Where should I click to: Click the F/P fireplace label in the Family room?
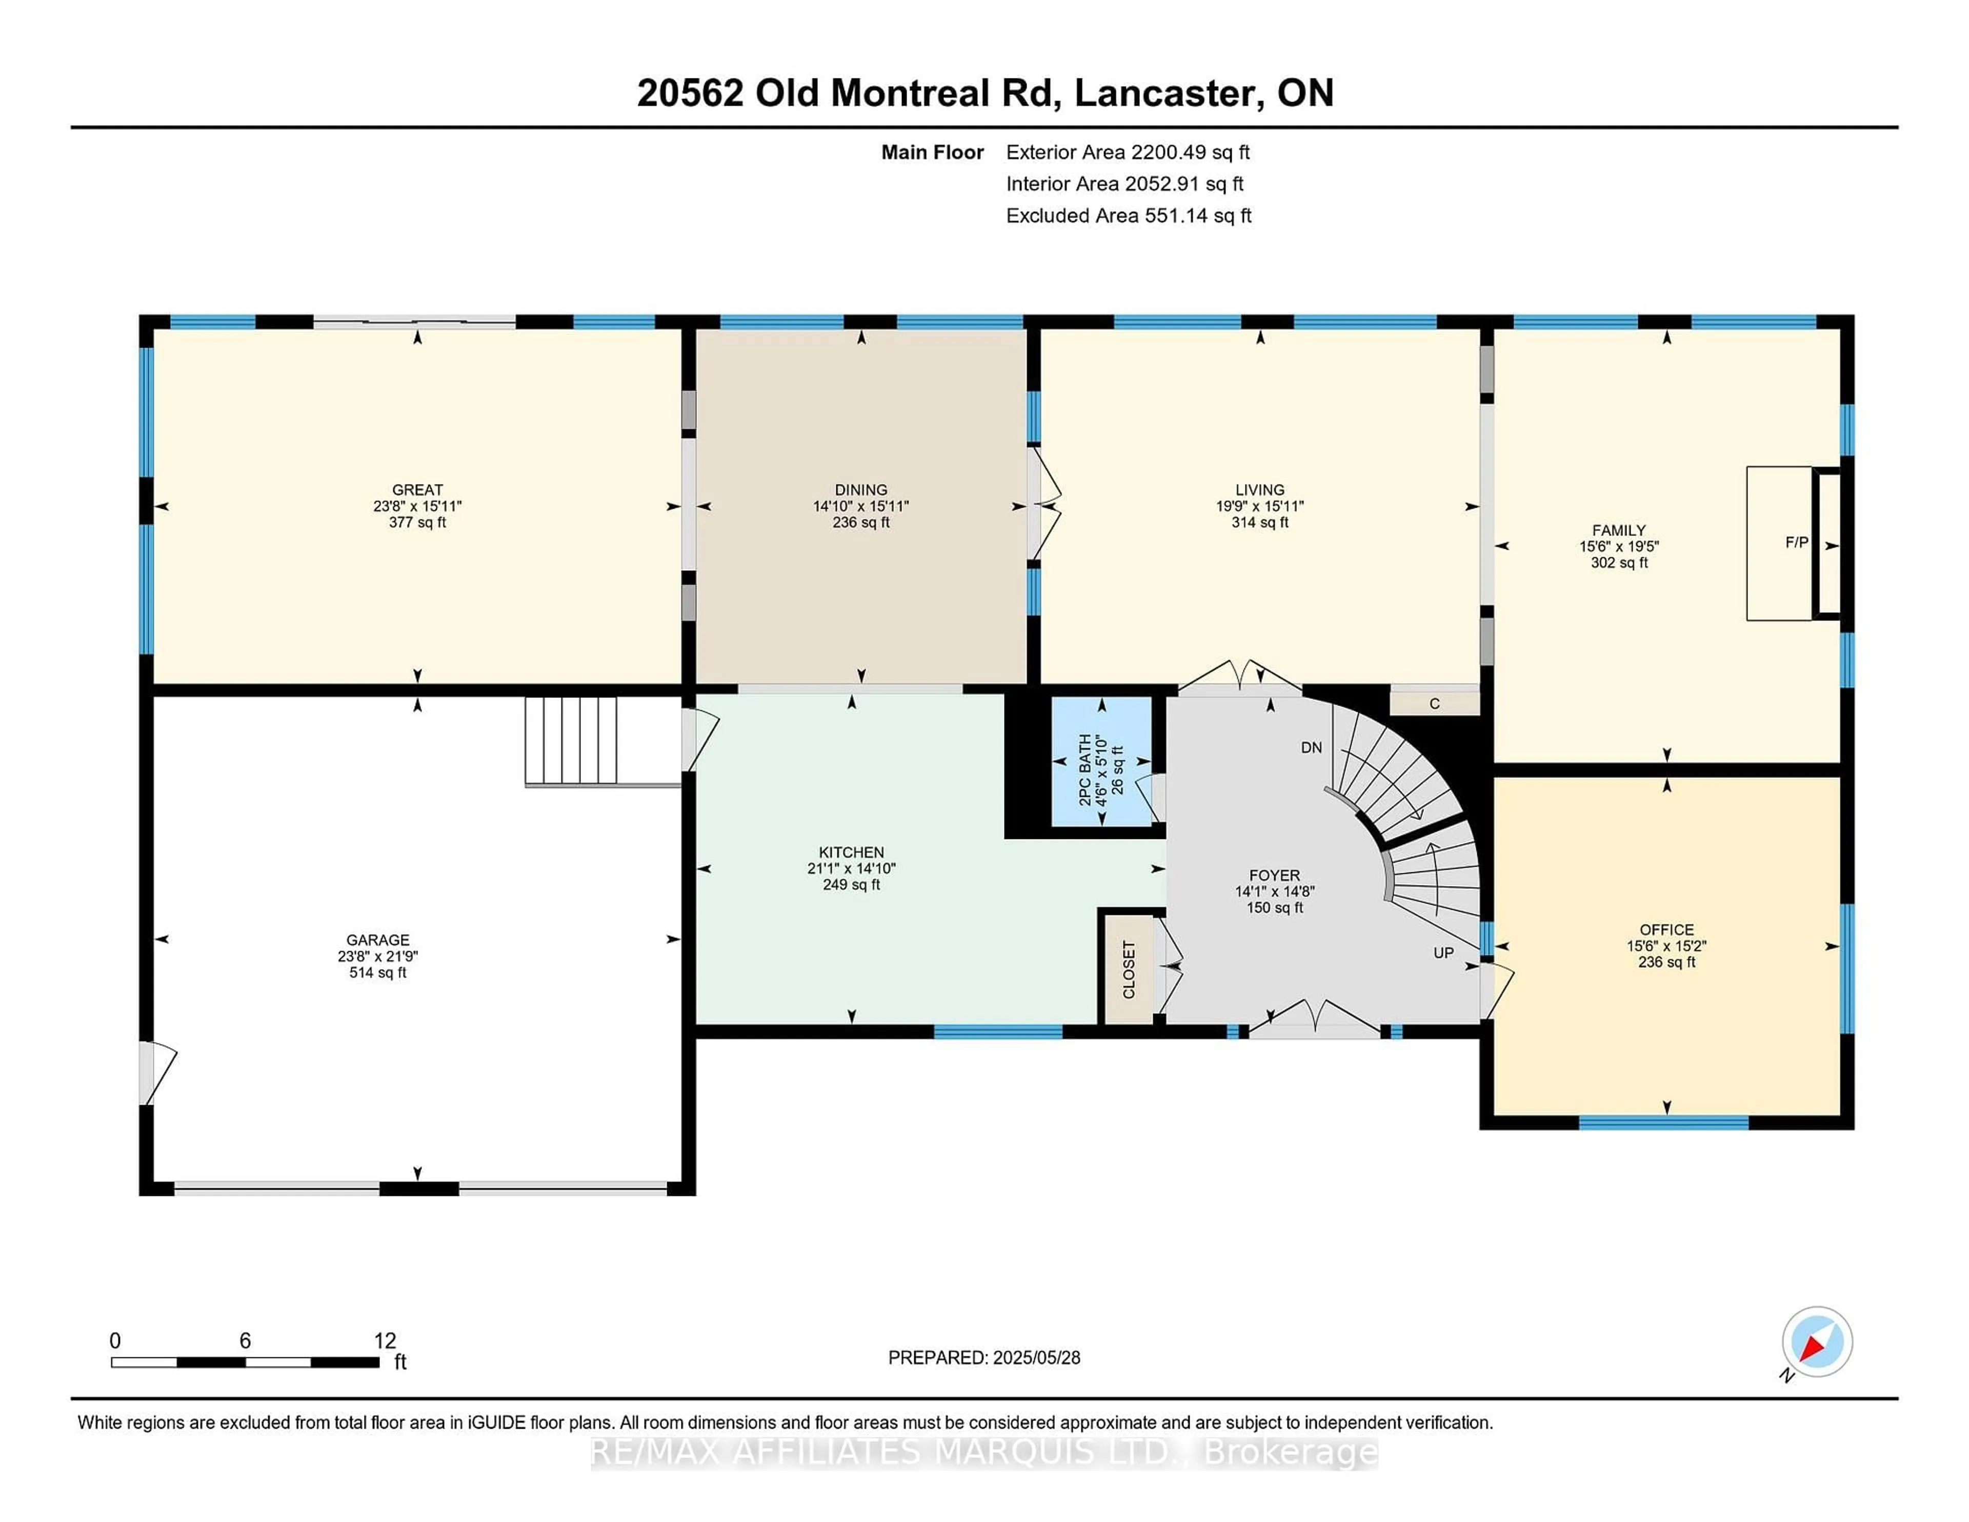(x=1796, y=542)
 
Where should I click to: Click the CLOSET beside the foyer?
(x=1129, y=969)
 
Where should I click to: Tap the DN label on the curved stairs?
(x=1311, y=748)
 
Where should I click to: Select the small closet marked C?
(x=1434, y=703)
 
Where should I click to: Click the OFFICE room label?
(x=1666, y=930)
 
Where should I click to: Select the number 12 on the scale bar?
(x=385, y=1341)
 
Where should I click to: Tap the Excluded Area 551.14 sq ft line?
(x=1128, y=215)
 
